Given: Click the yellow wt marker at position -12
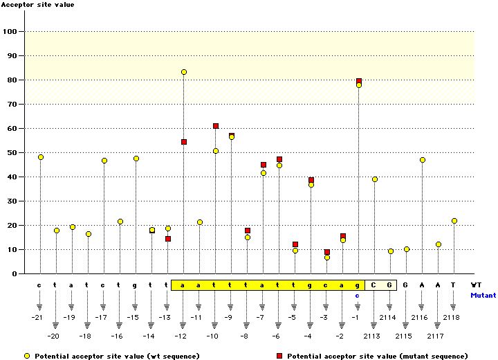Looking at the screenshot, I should pyautogui.click(x=184, y=72).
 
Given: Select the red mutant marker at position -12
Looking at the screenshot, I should pyautogui.click(x=184, y=142).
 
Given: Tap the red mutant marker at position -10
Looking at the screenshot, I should pyautogui.click(x=216, y=126).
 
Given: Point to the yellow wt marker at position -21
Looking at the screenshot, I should pyautogui.click(x=41, y=157).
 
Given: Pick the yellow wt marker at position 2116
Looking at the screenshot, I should pyautogui.click(x=423, y=160).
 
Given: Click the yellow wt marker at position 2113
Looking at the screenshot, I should pyautogui.click(x=375, y=179).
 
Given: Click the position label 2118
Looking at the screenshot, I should pyautogui.click(x=451, y=317).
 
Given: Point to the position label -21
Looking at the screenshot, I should pyautogui.click(x=37, y=317).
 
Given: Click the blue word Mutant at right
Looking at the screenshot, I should pyautogui.click(x=483, y=295).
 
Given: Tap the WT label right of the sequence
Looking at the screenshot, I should pyautogui.click(x=477, y=285).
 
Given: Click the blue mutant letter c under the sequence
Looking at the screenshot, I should pyautogui.click(x=358, y=295).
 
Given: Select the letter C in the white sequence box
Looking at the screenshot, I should pyautogui.click(x=373, y=285).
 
